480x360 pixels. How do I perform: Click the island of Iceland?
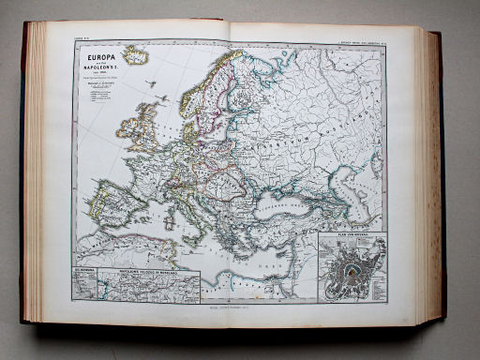[137, 57]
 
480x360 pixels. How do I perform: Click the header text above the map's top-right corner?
[357, 37]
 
